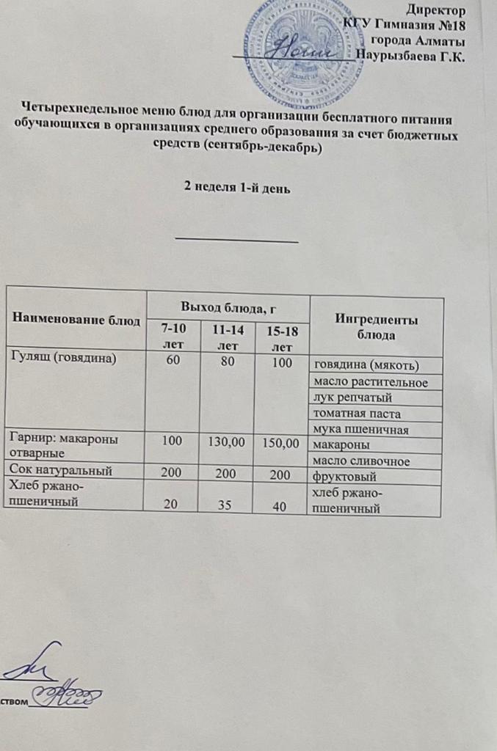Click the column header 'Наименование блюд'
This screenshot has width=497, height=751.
pos(76,320)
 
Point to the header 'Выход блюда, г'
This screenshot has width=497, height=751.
pos(228,304)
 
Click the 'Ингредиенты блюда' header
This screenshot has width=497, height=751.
pos(377,327)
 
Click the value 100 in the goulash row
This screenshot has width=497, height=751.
pos(283,362)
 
